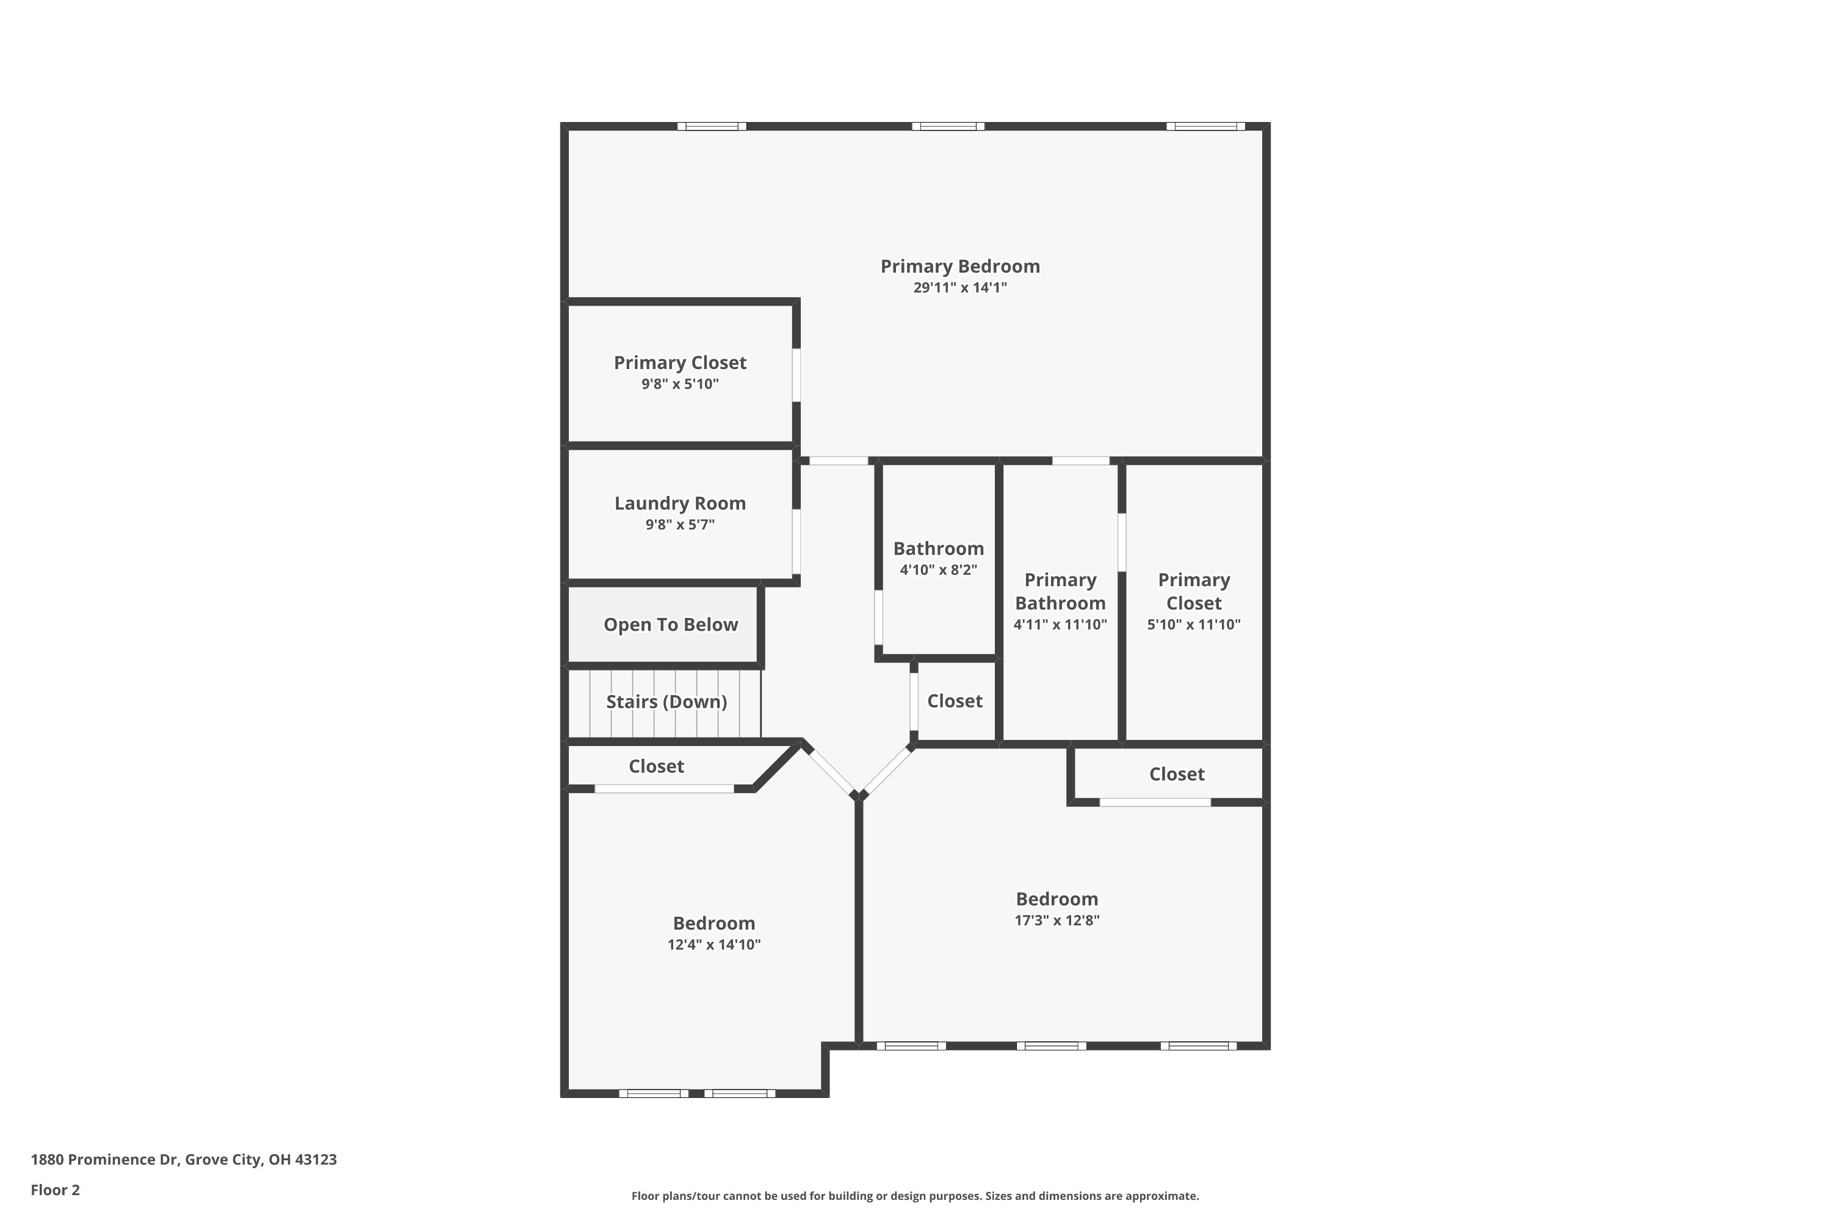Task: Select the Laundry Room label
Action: pos(680,503)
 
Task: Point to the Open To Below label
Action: pos(670,625)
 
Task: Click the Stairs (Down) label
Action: pos(666,702)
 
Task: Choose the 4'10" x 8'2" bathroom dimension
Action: pos(938,570)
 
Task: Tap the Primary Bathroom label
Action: pos(1060,591)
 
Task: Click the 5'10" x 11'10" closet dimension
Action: pos(1193,624)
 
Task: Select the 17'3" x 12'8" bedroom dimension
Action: pos(1056,920)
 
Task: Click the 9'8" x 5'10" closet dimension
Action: pos(680,384)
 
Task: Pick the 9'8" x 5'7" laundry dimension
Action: pos(680,525)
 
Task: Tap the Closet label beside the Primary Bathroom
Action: pos(955,701)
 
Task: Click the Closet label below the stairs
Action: pos(656,766)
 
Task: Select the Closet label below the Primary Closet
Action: pos(1176,774)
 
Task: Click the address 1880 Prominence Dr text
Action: pos(184,1160)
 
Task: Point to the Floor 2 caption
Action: pos(56,1189)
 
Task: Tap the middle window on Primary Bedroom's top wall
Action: pos(947,127)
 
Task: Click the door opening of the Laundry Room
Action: pos(796,542)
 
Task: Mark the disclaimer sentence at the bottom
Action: pos(915,1196)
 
